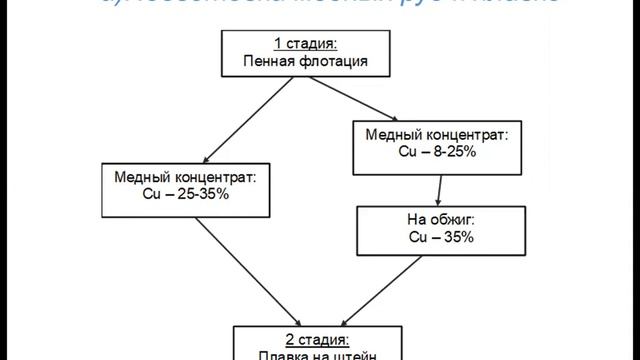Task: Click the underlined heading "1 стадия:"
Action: pyautogui.click(x=307, y=43)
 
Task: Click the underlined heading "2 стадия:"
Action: pyautogui.click(x=307, y=336)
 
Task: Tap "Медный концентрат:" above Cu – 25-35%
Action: pyautogui.click(x=187, y=175)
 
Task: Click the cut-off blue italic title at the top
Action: pyautogui.click(x=320, y=5)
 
